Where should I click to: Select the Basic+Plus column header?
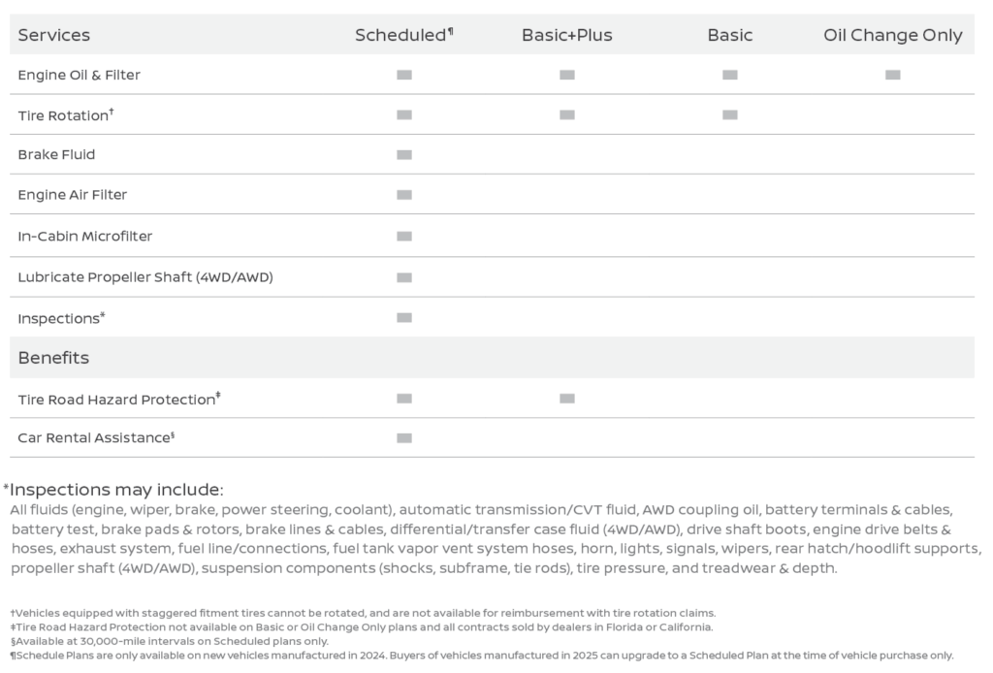566,35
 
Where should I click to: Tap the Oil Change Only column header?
892,35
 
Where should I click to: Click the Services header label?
53,35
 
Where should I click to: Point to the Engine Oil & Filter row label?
79,75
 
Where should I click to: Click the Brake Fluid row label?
56,154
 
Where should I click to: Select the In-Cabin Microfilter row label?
84,236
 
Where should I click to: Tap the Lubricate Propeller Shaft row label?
145,277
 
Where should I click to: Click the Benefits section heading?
53,358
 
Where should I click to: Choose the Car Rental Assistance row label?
95,438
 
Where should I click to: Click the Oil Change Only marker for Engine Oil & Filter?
892,75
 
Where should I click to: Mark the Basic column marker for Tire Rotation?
729,114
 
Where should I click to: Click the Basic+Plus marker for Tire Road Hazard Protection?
566,399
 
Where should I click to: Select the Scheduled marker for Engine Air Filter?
403,195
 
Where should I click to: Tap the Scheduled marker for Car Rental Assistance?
403,438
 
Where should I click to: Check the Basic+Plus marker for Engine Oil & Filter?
566,75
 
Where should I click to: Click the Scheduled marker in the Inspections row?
403,318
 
